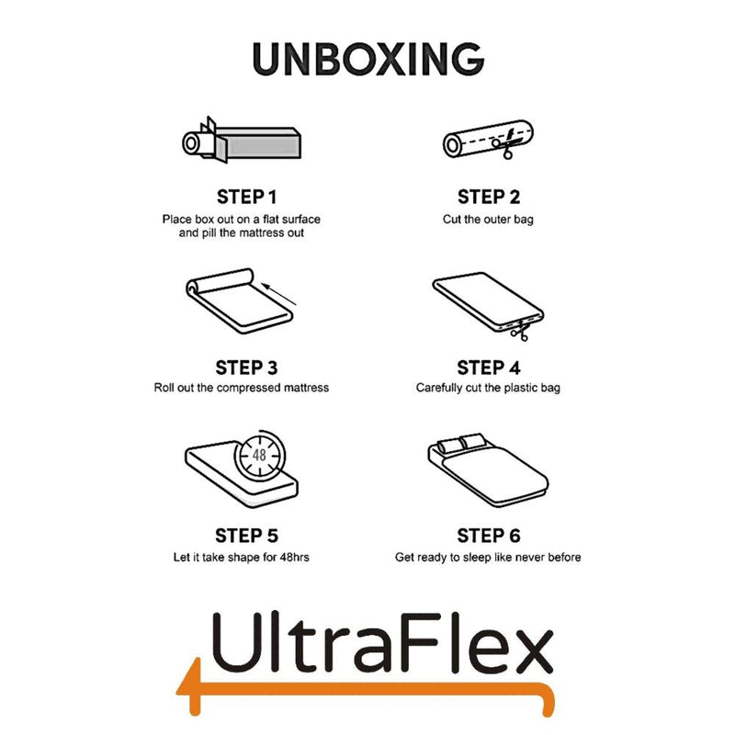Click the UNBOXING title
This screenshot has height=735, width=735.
[367, 59]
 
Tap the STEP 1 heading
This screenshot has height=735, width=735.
[245, 197]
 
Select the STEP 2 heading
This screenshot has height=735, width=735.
[489, 197]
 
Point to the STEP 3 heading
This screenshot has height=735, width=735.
[245, 367]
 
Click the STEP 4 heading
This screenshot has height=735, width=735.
[489, 367]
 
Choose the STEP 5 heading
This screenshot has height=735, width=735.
[245, 536]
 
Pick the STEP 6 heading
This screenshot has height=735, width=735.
[489, 536]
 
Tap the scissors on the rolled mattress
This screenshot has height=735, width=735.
[505, 142]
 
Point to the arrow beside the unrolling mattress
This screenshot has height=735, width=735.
[279, 295]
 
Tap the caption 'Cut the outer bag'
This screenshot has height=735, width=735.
[488, 220]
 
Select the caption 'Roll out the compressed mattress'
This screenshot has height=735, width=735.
[242, 388]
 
